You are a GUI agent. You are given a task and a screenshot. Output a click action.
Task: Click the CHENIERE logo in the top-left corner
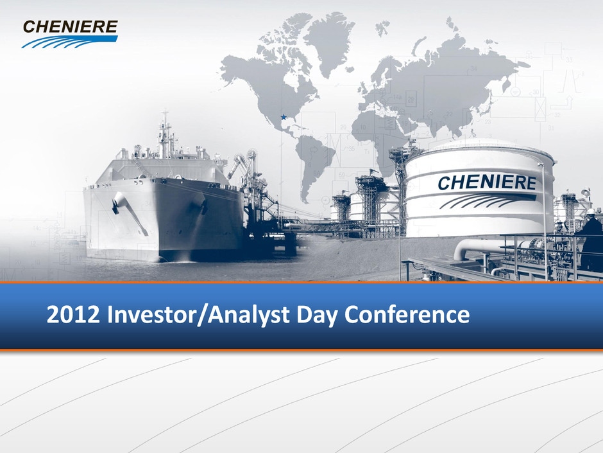click(x=70, y=34)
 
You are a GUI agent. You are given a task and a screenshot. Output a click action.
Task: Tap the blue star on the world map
click(x=284, y=117)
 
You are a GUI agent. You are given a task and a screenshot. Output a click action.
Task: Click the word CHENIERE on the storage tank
click(x=487, y=182)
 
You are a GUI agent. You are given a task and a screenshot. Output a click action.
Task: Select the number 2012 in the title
click(x=72, y=314)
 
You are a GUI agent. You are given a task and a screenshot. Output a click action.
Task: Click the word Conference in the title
click(x=407, y=314)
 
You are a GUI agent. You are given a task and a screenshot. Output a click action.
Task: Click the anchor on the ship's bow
click(x=115, y=204)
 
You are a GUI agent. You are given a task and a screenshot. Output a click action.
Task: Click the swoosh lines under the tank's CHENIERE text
click(x=486, y=201)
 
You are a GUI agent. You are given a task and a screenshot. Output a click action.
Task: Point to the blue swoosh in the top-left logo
click(x=70, y=42)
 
